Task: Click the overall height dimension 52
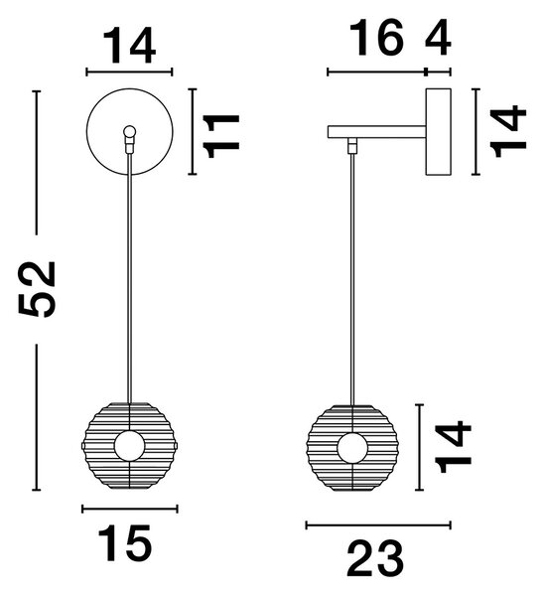37,289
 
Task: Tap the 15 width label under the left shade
125,543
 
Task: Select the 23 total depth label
375,558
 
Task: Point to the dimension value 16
376,38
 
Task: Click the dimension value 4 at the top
438,38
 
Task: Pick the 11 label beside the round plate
221,136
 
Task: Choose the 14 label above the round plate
129,46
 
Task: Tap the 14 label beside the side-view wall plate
508,131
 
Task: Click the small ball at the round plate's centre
129,131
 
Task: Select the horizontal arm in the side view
376,132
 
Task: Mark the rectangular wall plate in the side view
438,131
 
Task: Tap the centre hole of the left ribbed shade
129,446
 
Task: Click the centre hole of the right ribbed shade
353,448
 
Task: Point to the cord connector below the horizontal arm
353,145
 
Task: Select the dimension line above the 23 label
378,525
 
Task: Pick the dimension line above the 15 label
130,509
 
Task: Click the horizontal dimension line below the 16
376,72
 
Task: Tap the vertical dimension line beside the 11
193,131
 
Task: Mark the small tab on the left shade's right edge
177,445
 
